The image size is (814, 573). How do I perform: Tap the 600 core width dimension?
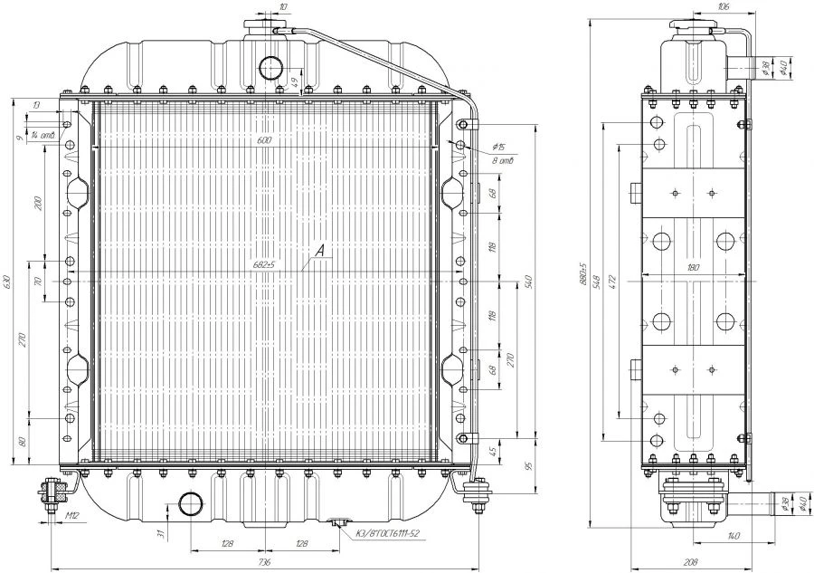tap(263, 140)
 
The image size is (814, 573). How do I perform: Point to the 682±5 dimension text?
tap(263, 264)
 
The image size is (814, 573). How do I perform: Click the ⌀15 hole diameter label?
tap(498, 148)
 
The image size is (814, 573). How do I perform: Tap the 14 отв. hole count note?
tap(43, 136)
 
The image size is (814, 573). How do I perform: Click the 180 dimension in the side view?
tap(694, 268)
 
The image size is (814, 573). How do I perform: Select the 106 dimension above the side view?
tap(723, 7)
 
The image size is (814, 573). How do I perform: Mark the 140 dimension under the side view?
tap(733, 537)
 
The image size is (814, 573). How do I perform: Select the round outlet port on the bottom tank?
tap(191, 505)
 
